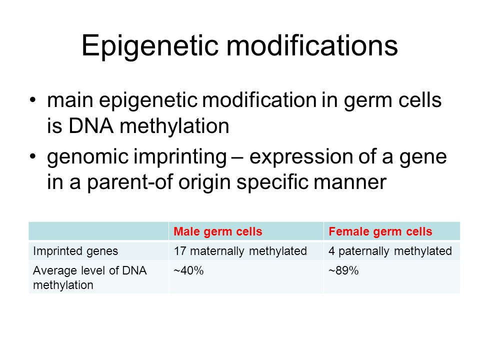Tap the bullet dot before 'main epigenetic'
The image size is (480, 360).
[33, 100]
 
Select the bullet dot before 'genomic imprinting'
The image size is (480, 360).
[33, 156]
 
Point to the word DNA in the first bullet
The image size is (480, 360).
[90, 126]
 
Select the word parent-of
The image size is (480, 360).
[130, 183]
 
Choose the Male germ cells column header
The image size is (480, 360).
[217, 231]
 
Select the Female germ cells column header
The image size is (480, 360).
[380, 231]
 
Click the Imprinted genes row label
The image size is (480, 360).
[75, 251]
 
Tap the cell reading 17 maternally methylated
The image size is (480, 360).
[240, 251]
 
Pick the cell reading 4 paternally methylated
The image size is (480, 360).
[390, 251]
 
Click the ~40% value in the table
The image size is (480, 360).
[188, 270]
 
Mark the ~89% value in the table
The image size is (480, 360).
[343, 270]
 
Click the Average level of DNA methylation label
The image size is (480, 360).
[89, 277]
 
